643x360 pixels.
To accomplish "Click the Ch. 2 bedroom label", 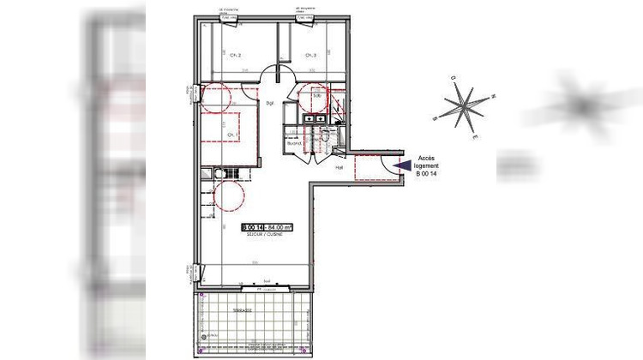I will click(236, 56).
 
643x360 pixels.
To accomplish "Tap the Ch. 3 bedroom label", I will click(311, 56).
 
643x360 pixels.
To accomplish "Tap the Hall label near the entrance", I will click(339, 167).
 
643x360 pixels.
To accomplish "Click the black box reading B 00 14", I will click(253, 226).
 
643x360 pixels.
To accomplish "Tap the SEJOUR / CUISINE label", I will click(259, 234).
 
